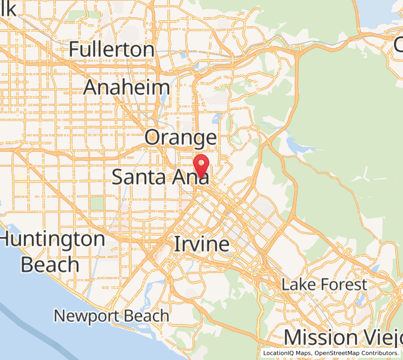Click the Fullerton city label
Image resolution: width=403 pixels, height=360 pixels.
(112, 49)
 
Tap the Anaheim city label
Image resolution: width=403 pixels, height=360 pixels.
(127, 87)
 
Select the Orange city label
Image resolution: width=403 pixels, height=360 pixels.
(181, 138)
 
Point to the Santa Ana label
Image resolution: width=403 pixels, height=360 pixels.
(160, 176)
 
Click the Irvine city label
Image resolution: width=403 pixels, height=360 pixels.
(201, 244)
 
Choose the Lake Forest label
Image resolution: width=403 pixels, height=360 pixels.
(324, 284)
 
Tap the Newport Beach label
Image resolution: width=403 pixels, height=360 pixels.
(111, 315)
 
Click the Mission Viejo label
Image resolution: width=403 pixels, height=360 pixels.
(343, 337)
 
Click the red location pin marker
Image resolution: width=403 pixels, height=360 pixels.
(201, 164)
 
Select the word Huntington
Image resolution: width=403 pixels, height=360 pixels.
(53, 239)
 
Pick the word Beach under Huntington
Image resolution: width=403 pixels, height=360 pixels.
(50, 264)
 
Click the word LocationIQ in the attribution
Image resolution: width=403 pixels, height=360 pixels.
(279, 353)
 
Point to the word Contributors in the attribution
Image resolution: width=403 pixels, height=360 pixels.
(380, 353)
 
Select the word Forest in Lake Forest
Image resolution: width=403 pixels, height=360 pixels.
(344, 284)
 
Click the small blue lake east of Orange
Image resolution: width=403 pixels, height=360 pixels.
(294, 145)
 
